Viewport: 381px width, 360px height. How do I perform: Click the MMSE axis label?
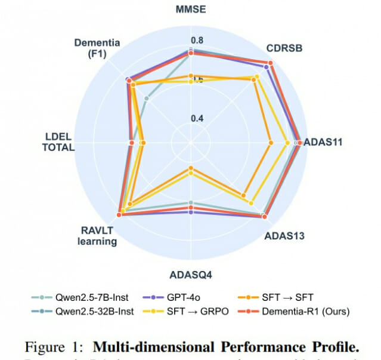pyautogui.click(x=191, y=10)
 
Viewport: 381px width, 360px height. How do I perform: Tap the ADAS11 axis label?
pyautogui.click(x=323, y=143)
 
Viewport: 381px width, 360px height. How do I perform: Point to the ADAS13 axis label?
pyautogui.click(x=284, y=236)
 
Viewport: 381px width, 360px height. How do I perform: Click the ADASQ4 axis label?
pyautogui.click(x=191, y=275)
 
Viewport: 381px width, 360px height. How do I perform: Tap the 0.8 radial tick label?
pyautogui.click(x=197, y=41)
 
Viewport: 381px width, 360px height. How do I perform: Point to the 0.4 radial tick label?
pyautogui.click(x=197, y=118)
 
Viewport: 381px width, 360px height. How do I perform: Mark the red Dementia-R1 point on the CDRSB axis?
pyautogui.click(x=270, y=63)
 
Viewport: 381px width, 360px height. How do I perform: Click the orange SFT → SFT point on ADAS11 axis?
pyautogui.click(x=271, y=143)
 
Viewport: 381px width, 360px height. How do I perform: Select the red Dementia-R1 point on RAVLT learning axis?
pyautogui.click(x=119, y=215)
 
